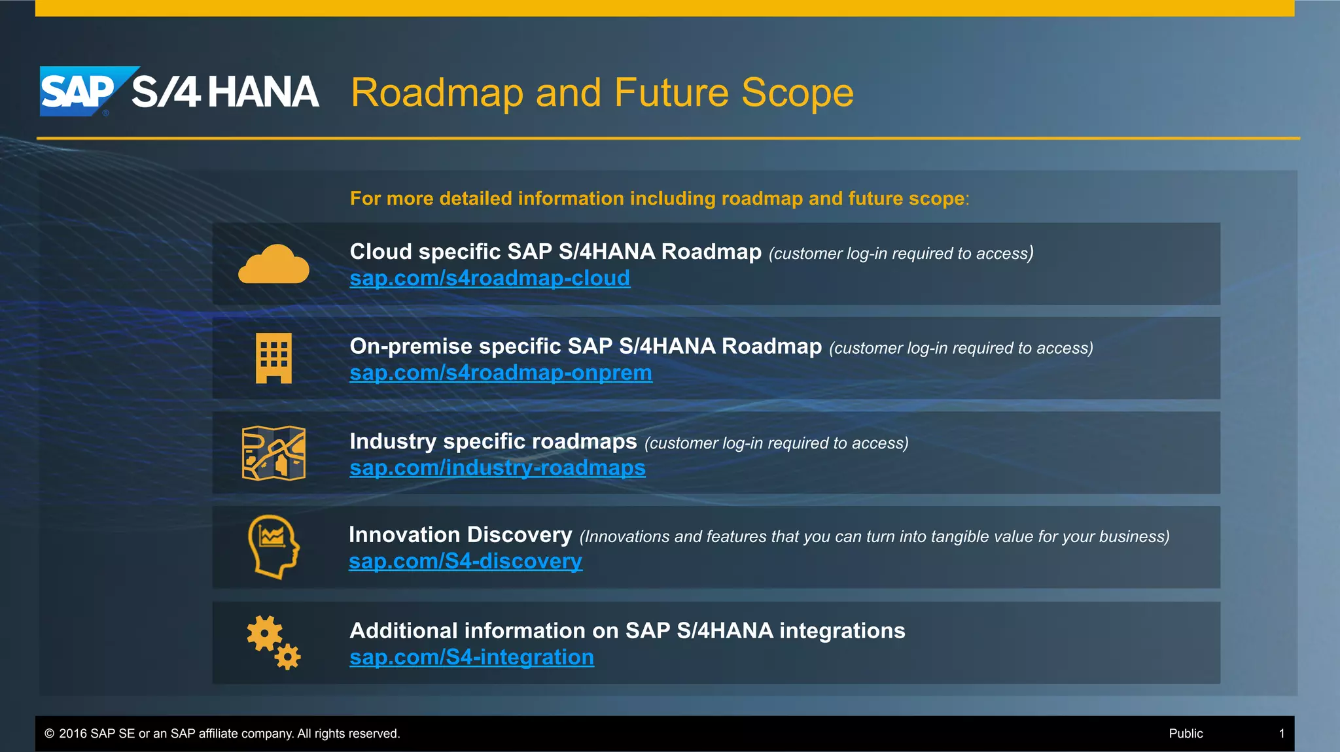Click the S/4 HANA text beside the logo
pyautogui.click(x=225, y=92)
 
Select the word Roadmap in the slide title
pyautogui.click(x=436, y=93)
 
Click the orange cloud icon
pyautogui.click(x=273, y=265)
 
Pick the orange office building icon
pyautogui.click(x=273, y=358)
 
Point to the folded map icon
pyautogui.click(x=273, y=453)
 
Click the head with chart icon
pyautogui.click(x=273, y=547)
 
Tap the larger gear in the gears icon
pyautogui.click(x=264, y=633)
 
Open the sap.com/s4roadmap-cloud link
pyautogui.click(x=489, y=279)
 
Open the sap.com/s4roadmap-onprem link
pyautogui.click(x=501, y=373)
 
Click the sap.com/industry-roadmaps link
pyautogui.click(x=497, y=468)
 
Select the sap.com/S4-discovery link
pyautogui.click(x=465, y=562)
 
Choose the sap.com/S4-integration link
pyautogui.click(x=472, y=657)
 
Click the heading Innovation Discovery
pyautogui.click(x=460, y=535)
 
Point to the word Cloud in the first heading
pyautogui.click(x=381, y=252)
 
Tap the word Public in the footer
pyautogui.click(x=1186, y=734)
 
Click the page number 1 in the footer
pyautogui.click(x=1282, y=734)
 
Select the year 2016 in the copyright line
pyautogui.click(x=73, y=734)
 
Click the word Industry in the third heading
pyautogui.click(x=393, y=441)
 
